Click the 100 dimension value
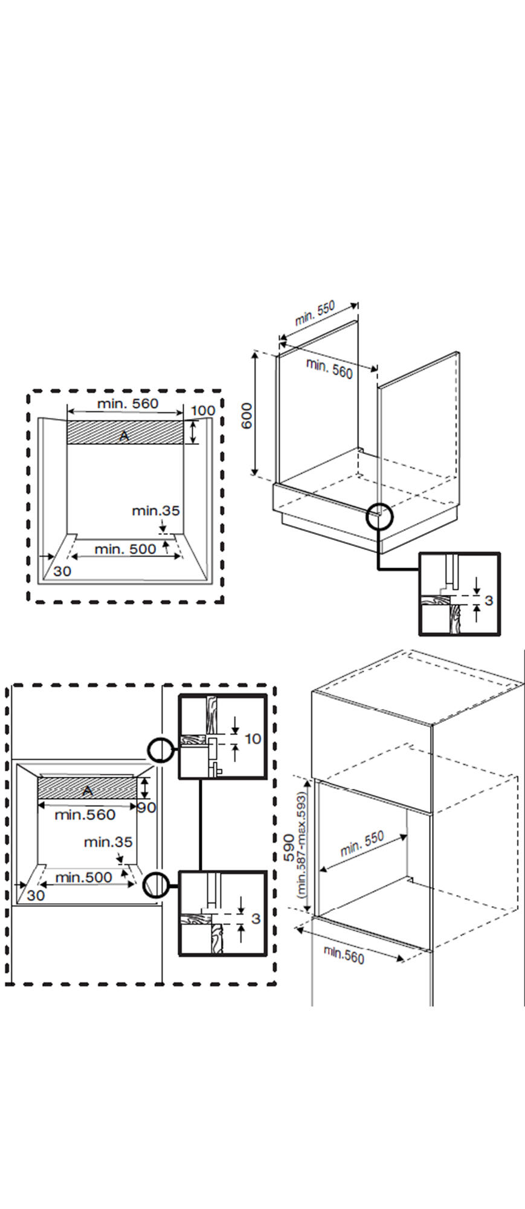tap(202, 411)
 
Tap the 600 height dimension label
tap(247, 415)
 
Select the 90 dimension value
tap(146, 807)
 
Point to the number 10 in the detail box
tap(253, 739)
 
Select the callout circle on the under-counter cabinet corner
tap(379, 517)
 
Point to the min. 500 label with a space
tap(125, 549)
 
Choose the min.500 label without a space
tap(84, 877)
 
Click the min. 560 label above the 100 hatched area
tap(127, 403)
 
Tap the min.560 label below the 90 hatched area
tap(85, 815)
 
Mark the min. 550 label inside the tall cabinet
tap(362, 844)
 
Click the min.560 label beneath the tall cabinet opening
tap(344, 955)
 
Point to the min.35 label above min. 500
tap(156, 511)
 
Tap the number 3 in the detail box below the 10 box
tap(256, 918)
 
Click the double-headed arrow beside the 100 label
tap(193, 432)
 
